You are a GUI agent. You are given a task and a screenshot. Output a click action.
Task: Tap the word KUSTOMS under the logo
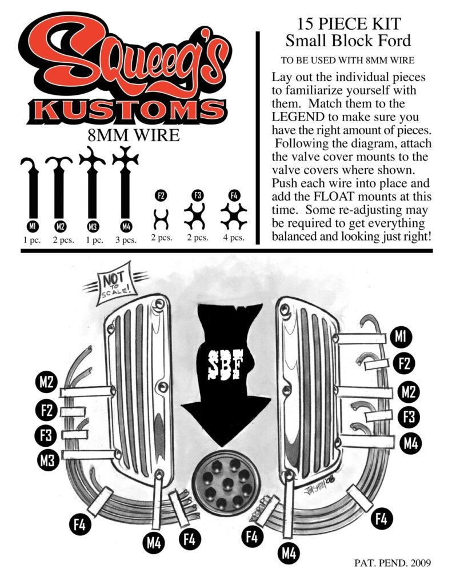tap(126, 111)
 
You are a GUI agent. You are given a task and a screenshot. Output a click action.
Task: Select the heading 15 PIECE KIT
tap(349, 24)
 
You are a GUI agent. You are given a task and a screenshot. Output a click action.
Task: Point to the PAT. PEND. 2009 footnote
tap(392, 563)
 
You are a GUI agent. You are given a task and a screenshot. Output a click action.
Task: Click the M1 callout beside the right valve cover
tap(400, 337)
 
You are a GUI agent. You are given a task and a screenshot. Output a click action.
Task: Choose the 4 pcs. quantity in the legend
tap(234, 238)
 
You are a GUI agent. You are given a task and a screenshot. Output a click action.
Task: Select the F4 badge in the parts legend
tap(234, 195)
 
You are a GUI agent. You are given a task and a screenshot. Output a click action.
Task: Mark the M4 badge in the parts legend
tap(126, 226)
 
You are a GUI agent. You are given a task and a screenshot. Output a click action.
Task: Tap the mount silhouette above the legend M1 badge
tap(32, 187)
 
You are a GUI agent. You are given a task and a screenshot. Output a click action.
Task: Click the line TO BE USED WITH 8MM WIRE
tap(347, 60)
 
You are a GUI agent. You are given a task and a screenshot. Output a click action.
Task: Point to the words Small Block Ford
tap(348, 41)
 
